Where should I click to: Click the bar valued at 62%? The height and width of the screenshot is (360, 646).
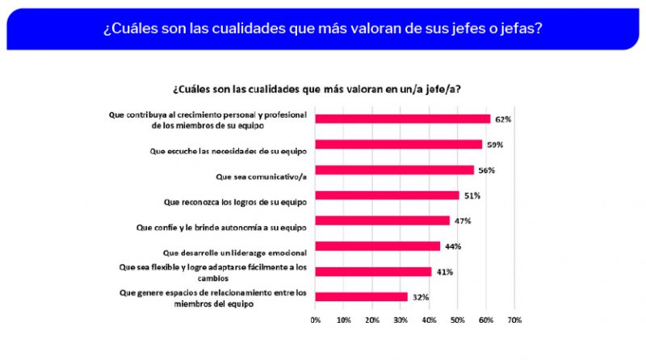point(402,119)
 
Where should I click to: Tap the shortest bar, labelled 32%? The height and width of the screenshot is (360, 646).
point(361,296)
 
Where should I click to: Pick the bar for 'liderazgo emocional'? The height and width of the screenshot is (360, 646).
point(377,245)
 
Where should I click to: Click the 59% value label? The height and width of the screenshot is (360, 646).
point(495,145)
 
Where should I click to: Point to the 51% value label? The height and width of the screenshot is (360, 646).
point(472,195)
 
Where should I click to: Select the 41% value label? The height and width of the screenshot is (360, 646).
point(445,271)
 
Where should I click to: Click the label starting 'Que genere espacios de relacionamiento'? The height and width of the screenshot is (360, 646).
point(213,298)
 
